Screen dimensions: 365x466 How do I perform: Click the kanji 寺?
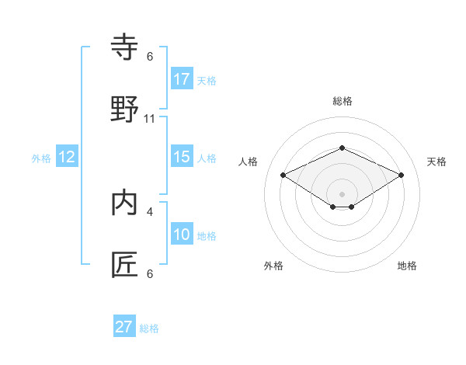point(125,49)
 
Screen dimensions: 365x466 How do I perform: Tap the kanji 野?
point(125,109)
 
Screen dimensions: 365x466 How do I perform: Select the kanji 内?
point(125,203)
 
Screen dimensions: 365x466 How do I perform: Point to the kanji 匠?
point(125,264)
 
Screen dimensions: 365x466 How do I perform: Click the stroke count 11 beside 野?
point(150,119)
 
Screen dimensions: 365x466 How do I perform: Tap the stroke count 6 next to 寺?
point(150,57)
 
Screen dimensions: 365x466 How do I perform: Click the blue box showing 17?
point(182,79)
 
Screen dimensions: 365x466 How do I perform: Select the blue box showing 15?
point(182,157)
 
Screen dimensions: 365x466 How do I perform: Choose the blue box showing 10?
point(182,235)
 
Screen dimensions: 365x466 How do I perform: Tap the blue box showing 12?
point(67,157)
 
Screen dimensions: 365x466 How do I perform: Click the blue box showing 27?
point(124,327)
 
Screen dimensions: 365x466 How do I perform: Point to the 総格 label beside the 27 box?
point(149,328)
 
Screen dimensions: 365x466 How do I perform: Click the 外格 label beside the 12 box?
point(41,158)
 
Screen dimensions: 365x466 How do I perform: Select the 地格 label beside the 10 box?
point(207,236)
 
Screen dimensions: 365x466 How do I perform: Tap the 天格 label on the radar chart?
point(436,162)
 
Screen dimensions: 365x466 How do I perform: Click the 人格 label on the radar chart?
point(248,162)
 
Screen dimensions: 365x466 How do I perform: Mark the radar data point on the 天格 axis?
point(402,175)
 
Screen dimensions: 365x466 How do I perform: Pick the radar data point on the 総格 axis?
point(342,148)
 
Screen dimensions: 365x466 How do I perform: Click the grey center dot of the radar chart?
point(342,193)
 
